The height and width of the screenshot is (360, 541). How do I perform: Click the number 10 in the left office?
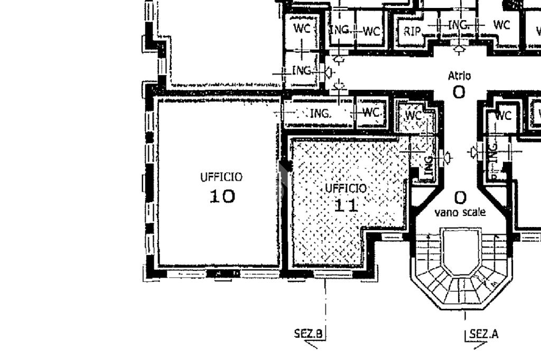(x=222, y=196)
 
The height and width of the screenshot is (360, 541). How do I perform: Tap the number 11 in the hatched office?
(x=346, y=205)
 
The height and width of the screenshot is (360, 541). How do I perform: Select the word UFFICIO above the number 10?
(x=221, y=177)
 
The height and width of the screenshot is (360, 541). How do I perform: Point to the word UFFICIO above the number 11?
(x=346, y=188)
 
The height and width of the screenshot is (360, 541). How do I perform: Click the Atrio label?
(x=459, y=76)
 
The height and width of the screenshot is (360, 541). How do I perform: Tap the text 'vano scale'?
(x=460, y=213)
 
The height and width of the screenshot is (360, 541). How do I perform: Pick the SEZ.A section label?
(x=483, y=334)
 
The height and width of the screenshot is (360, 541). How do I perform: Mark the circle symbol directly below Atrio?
(x=459, y=92)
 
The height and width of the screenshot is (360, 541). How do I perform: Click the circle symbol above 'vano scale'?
(x=460, y=198)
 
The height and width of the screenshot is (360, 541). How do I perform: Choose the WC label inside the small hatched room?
(x=413, y=115)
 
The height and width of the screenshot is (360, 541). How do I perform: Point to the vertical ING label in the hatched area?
(x=428, y=166)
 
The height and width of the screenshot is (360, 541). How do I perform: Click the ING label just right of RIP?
(x=458, y=25)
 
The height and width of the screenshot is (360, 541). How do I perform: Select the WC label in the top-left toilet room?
(x=302, y=29)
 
